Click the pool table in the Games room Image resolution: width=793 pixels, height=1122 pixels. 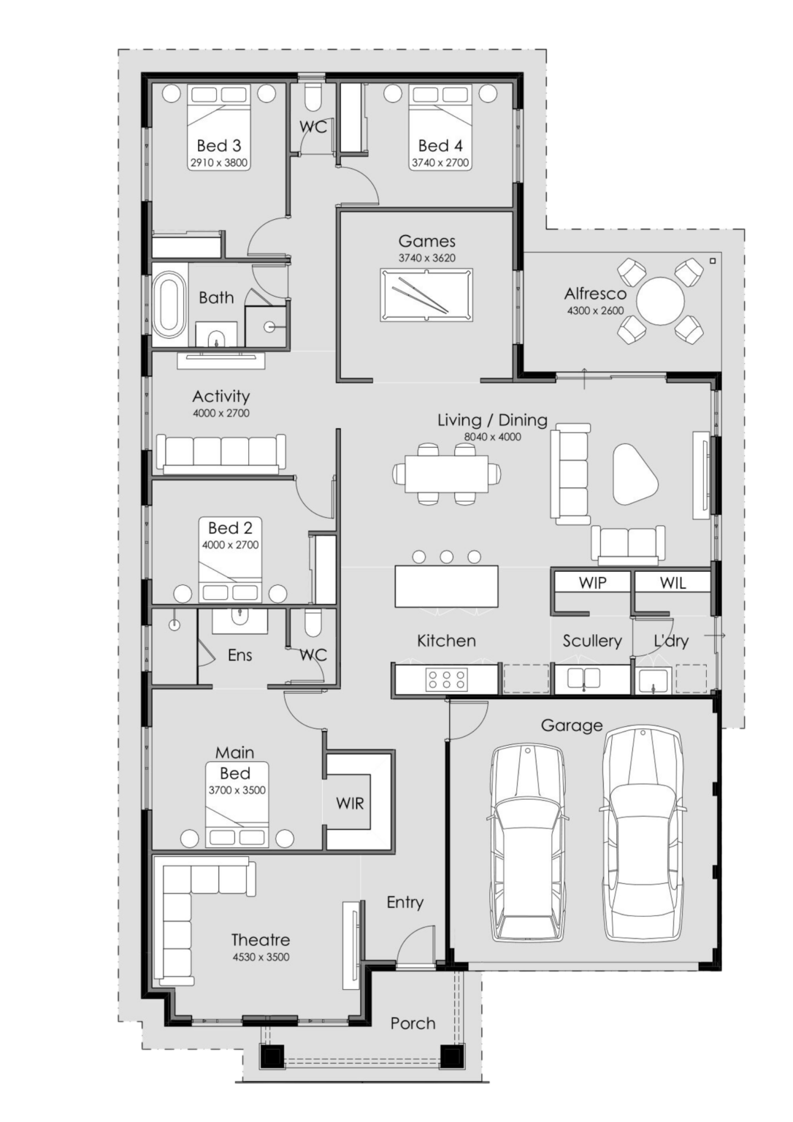tap(426, 295)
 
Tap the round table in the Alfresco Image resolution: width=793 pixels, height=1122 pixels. tap(661, 302)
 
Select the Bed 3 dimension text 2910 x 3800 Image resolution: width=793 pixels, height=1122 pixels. tap(218, 163)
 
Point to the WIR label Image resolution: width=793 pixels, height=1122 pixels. tap(350, 804)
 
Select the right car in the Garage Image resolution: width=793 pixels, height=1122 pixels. tap(642, 833)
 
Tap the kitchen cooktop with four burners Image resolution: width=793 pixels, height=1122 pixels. tap(446, 679)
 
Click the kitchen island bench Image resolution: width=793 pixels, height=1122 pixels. tap(446, 586)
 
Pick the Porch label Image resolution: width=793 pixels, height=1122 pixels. tap(413, 1023)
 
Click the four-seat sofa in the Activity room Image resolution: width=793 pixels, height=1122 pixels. tap(221, 454)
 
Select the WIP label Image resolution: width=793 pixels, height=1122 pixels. tap(592, 583)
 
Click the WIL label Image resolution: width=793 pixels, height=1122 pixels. tap(673, 583)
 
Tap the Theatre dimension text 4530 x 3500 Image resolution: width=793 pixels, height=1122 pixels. tap(260, 957)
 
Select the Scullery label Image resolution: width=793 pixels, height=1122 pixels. tap(591, 641)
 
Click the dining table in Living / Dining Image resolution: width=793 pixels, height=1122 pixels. tap(447, 473)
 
